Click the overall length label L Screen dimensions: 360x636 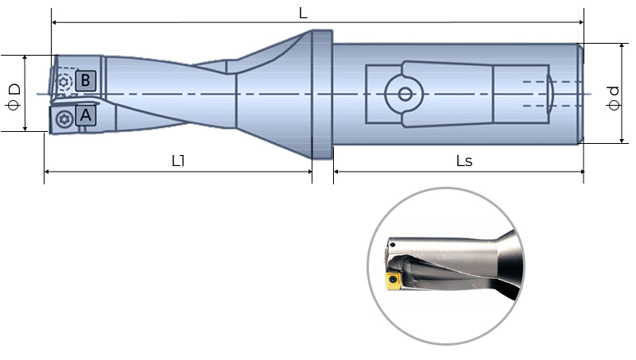click(303, 14)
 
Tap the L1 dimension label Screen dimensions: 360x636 click(178, 160)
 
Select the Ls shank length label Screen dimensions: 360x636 click(464, 161)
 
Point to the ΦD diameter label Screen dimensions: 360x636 click(14, 94)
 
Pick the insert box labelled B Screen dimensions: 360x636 click(87, 80)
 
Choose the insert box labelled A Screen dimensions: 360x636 click(86, 117)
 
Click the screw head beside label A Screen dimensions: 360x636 click(64, 120)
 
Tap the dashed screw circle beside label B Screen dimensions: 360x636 click(64, 80)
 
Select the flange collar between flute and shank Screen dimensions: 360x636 click(320, 94)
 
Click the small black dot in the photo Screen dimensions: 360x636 click(392, 244)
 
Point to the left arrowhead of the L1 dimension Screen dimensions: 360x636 click(47, 171)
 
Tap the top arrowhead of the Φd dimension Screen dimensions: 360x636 click(620, 46)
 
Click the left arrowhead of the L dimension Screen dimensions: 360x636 click(54, 22)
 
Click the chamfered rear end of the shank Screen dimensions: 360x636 click(582, 94)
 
